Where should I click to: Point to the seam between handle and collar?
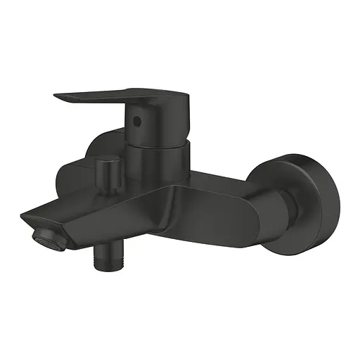[x=158, y=141]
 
